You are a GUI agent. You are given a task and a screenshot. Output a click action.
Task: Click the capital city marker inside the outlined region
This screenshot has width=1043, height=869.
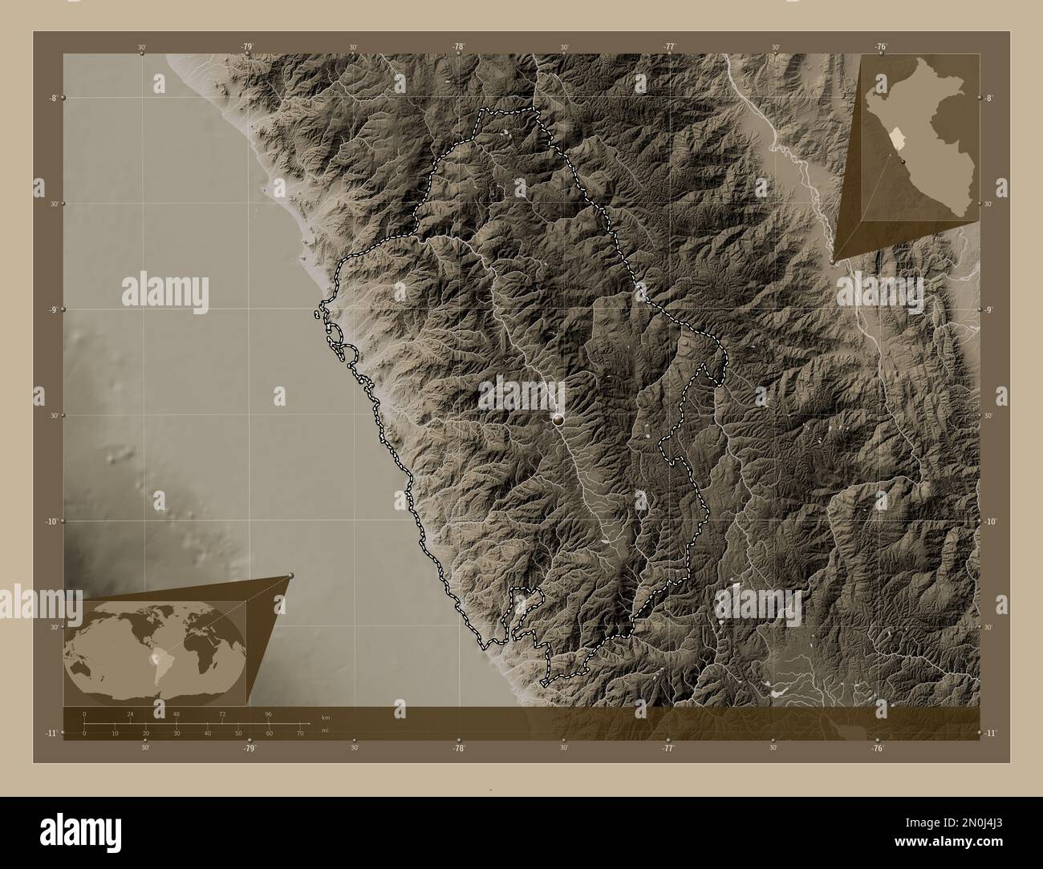[x=558, y=418]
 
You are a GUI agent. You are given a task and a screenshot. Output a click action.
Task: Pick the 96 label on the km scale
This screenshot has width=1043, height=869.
[x=269, y=713]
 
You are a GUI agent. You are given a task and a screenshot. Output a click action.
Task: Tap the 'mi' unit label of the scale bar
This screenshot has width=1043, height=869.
[x=324, y=730]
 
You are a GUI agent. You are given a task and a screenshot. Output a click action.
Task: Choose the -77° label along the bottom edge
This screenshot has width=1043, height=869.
[x=668, y=748]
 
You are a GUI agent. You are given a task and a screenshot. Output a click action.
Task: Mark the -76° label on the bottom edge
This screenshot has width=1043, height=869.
[x=878, y=748]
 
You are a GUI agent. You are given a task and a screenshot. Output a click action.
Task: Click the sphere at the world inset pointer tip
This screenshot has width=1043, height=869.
[x=290, y=576]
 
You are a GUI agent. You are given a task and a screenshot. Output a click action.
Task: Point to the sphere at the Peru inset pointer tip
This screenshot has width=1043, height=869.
[x=834, y=261]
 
